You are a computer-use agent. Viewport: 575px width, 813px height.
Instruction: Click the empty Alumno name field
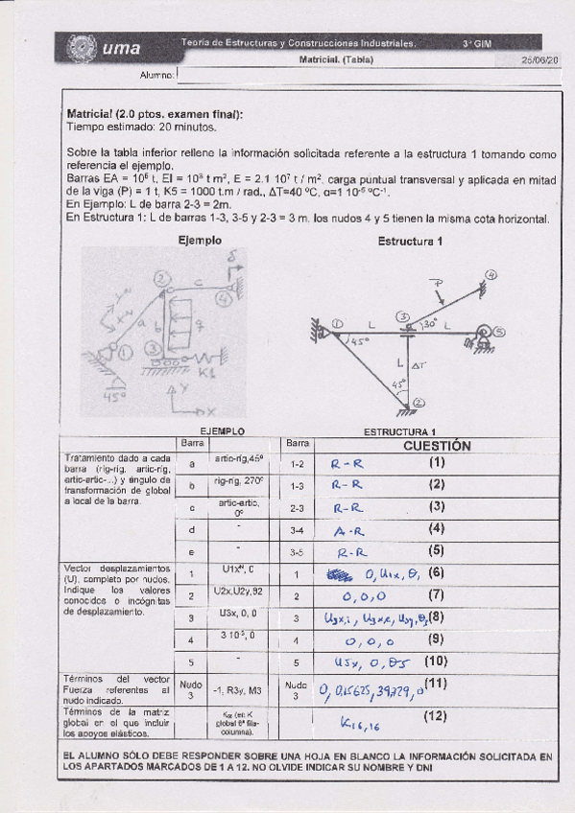(365, 75)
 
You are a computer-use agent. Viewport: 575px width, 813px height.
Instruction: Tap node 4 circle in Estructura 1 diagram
(492, 275)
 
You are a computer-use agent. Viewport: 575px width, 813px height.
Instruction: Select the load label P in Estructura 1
(438, 283)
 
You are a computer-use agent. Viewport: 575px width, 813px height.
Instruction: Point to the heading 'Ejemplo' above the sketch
(201, 241)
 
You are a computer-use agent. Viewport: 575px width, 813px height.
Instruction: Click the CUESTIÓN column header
(437, 446)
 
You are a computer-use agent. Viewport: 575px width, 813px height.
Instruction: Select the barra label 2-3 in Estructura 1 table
(297, 507)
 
